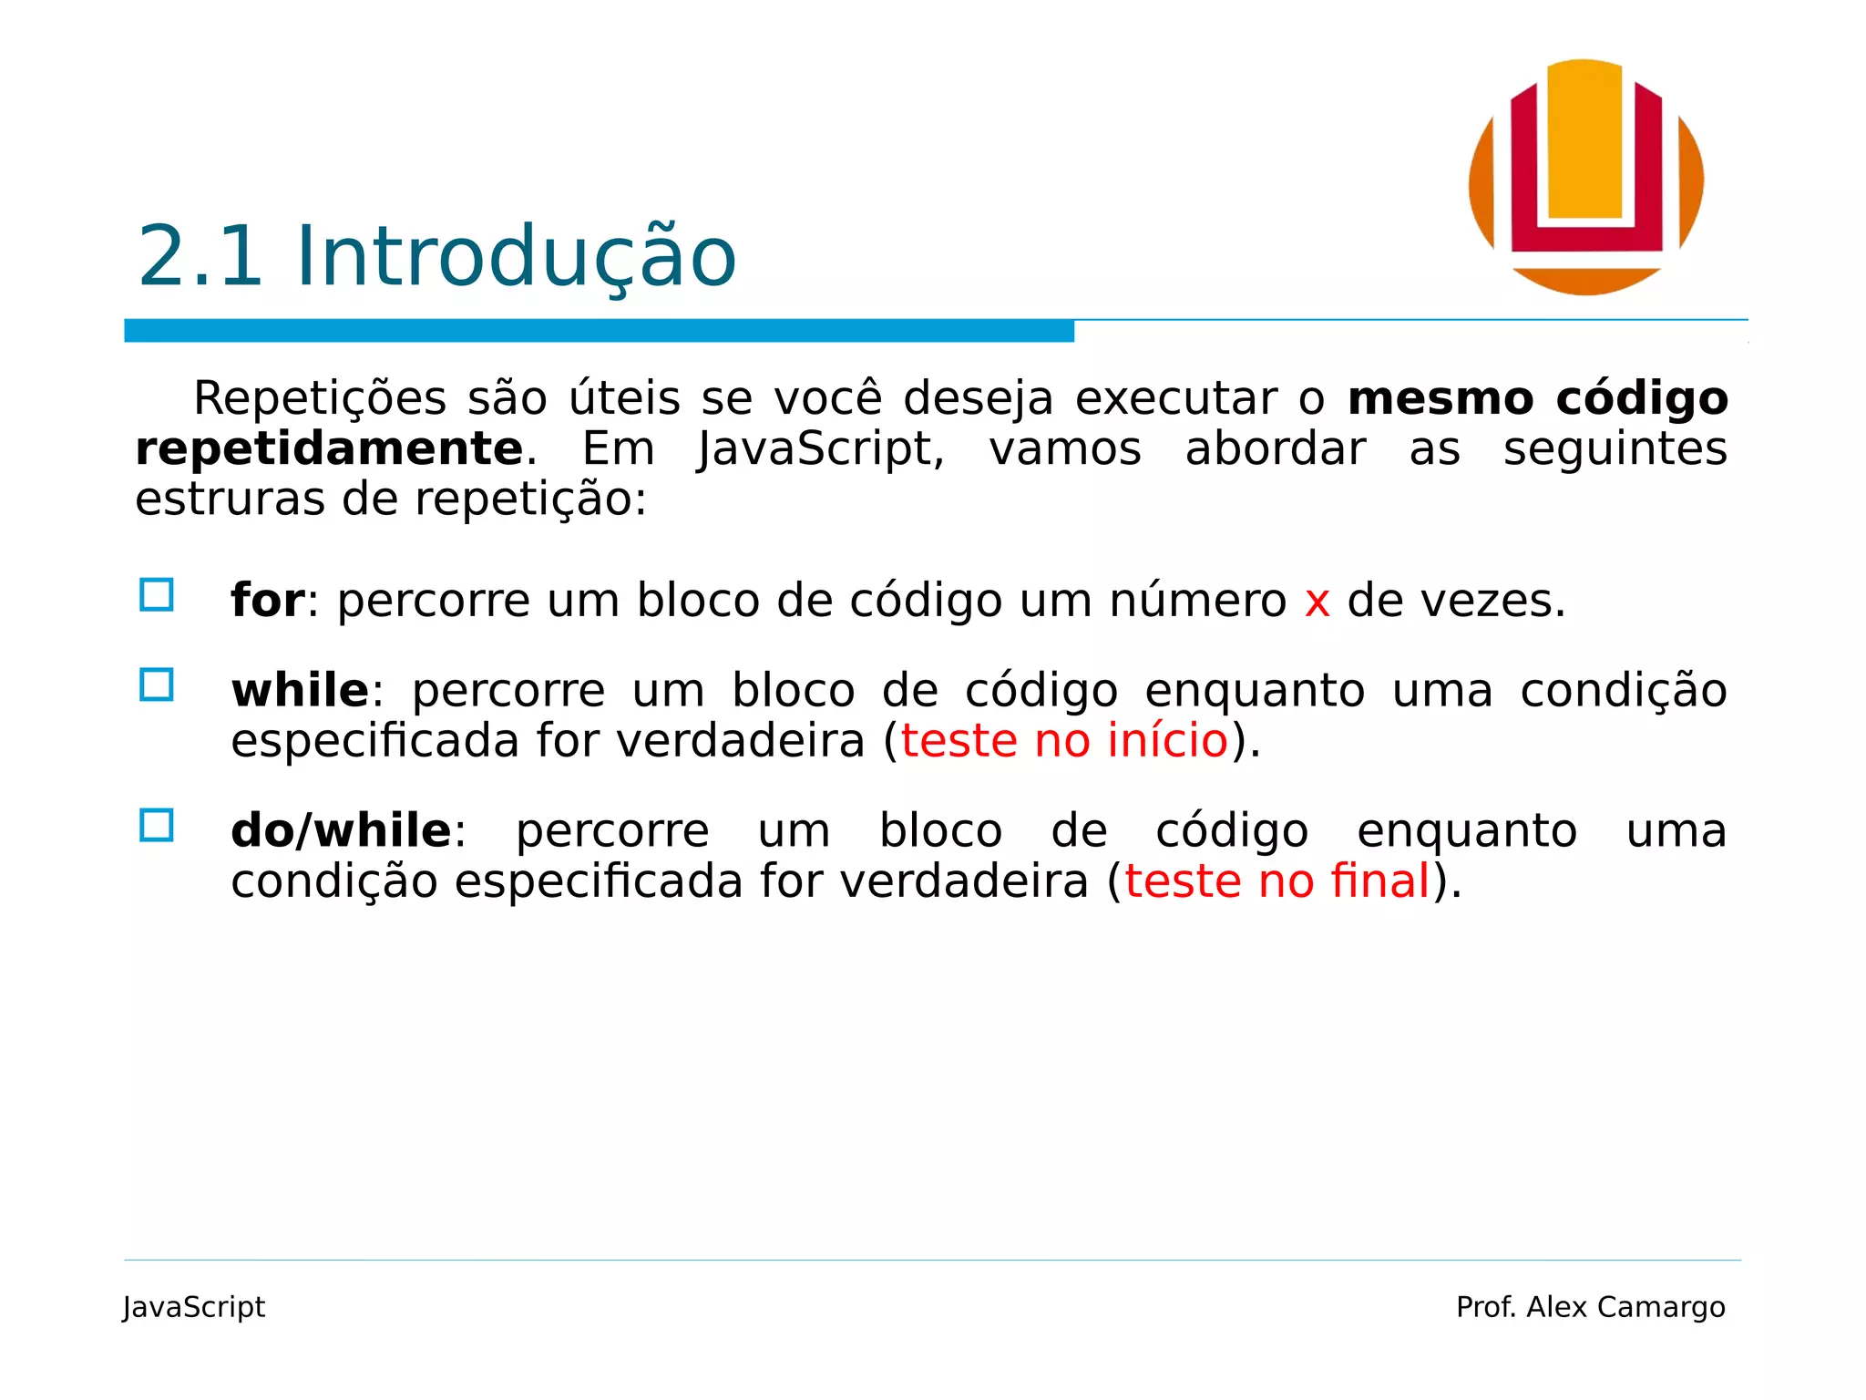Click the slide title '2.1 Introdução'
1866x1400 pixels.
(x=436, y=257)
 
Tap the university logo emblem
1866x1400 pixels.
(x=1585, y=177)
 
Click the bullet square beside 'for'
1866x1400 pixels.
(x=157, y=595)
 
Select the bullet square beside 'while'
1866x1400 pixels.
(x=157, y=685)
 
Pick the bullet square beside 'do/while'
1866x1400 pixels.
(x=157, y=826)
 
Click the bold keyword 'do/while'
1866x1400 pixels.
(x=341, y=831)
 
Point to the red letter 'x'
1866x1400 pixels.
(x=1317, y=602)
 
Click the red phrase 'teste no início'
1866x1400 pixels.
(x=1064, y=740)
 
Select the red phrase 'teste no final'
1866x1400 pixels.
(x=1277, y=881)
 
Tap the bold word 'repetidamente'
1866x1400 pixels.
(x=329, y=449)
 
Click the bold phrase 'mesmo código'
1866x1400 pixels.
(x=1537, y=399)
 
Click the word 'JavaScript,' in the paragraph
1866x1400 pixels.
(x=821, y=449)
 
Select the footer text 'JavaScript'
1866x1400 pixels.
(x=194, y=1307)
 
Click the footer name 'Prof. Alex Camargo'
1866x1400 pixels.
(x=1590, y=1307)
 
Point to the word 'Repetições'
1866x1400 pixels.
(x=320, y=399)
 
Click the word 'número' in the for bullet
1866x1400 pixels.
(x=1197, y=602)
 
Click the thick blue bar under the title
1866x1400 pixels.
(x=599, y=331)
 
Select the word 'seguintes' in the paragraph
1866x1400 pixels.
(x=1615, y=449)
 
